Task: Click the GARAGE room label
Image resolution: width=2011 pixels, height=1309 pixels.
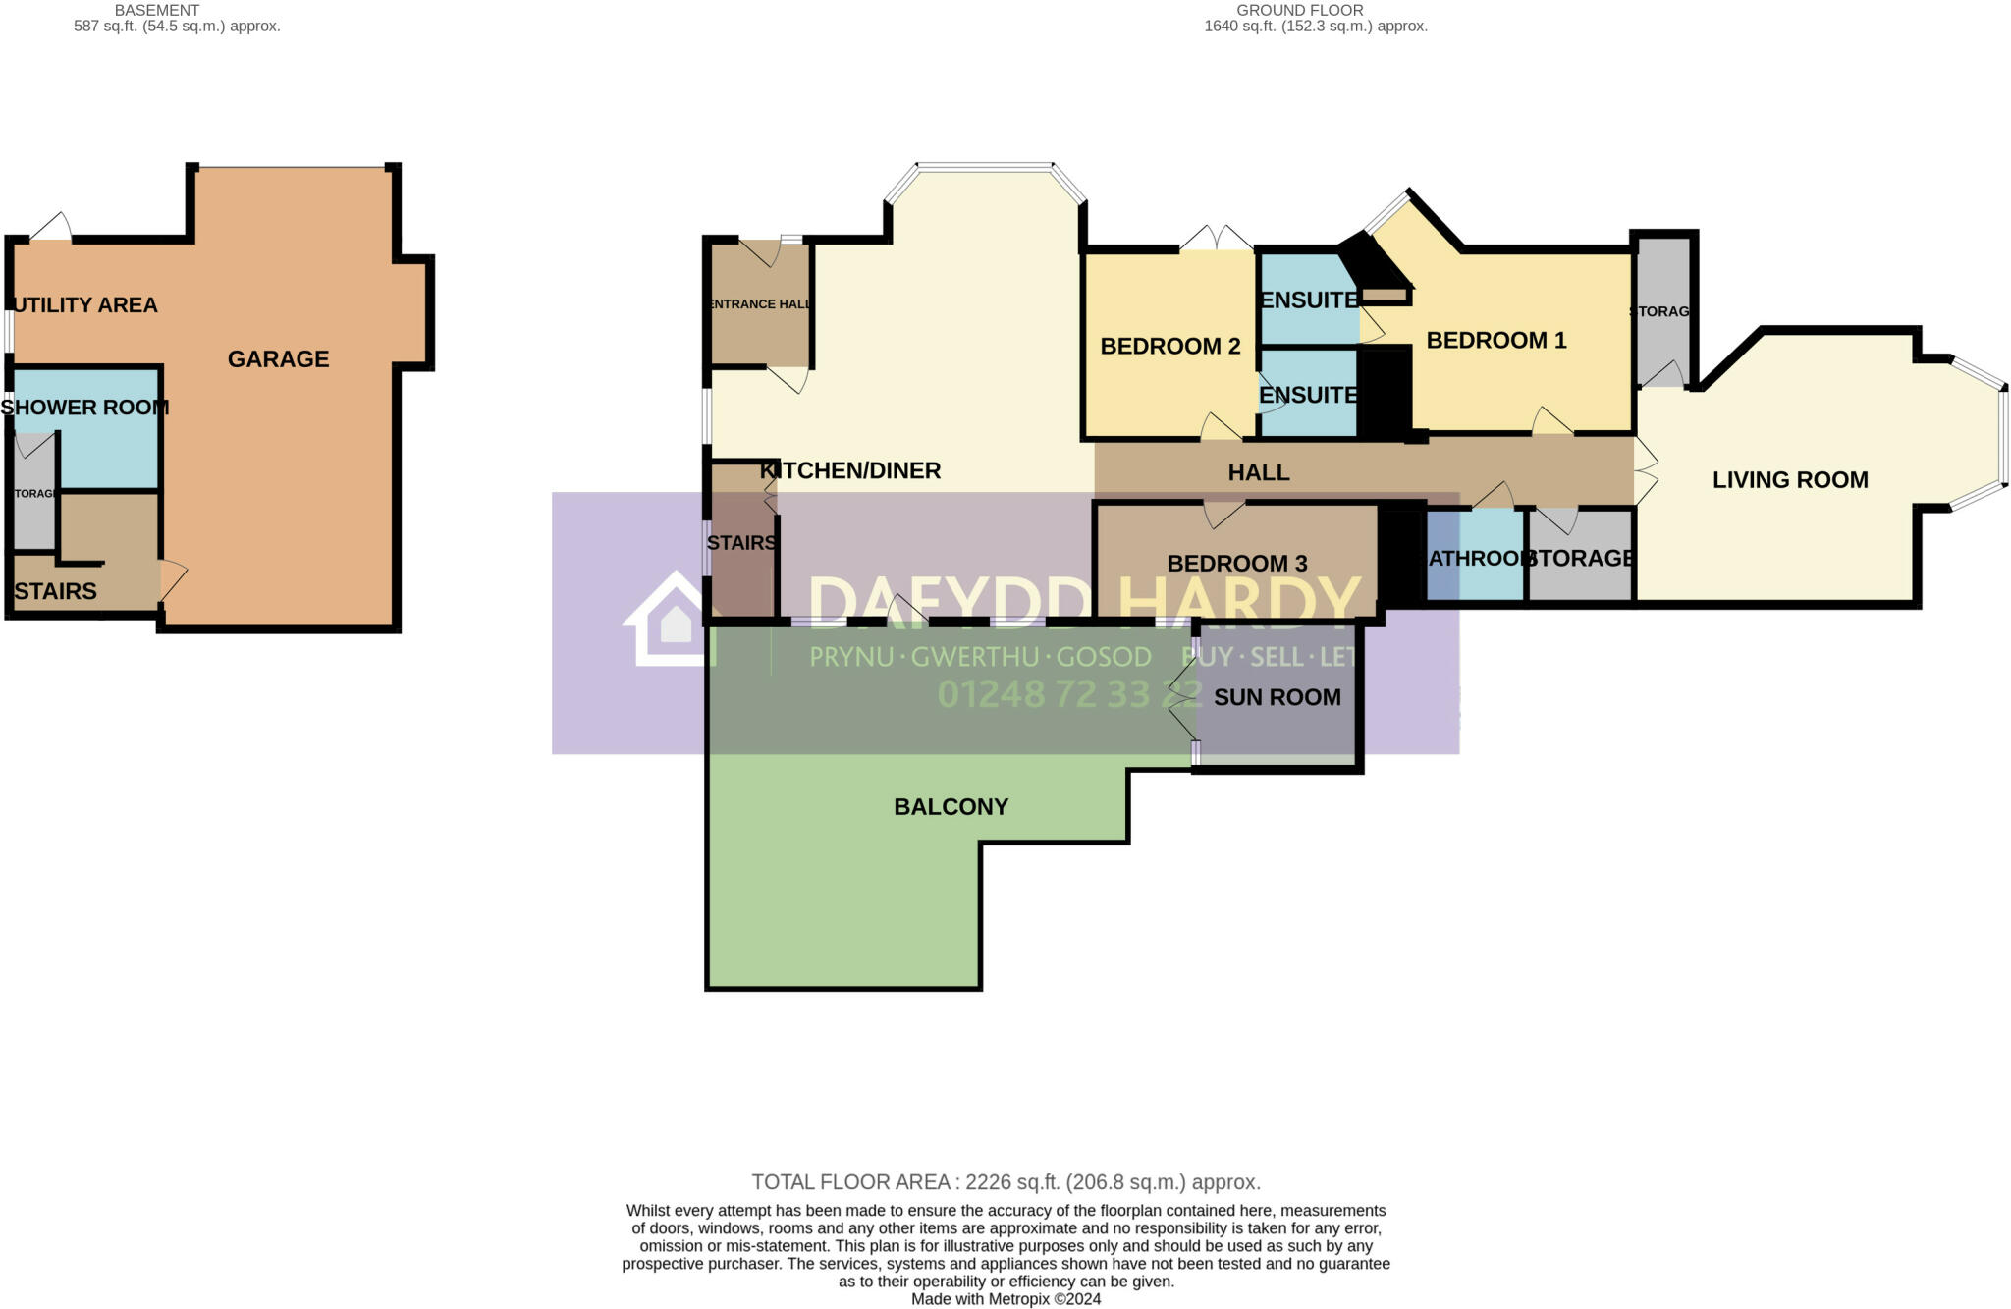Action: [x=278, y=359]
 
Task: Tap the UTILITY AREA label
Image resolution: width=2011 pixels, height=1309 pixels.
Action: [x=86, y=305]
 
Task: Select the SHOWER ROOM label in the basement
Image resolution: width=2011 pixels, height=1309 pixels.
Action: [x=84, y=408]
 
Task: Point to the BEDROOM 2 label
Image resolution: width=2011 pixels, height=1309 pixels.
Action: [x=1169, y=347]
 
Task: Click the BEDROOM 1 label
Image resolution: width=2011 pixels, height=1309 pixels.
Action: [x=1495, y=341]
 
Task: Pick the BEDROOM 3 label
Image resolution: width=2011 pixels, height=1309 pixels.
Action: [x=1236, y=564]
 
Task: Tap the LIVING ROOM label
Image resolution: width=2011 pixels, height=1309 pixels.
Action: [x=1789, y=480]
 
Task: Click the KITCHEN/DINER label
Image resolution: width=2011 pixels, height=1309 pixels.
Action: [x=850, y=471]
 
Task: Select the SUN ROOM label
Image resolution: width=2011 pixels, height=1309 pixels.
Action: [x=1277, y=697]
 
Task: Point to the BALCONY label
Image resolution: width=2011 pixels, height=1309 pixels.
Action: [x=951, y=807]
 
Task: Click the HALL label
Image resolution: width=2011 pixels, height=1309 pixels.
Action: [x=1258, y=473]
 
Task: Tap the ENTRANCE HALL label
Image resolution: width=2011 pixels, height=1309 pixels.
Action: [x=760, y=304]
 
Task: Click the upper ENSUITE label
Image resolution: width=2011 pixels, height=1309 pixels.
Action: [x=1308, y=300]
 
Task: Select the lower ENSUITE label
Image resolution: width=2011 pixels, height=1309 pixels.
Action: [x=1308, y=395]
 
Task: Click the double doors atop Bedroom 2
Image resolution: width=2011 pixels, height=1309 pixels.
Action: [x=1216, y=239]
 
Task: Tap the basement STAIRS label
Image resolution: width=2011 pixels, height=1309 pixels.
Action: [x=56, y=591]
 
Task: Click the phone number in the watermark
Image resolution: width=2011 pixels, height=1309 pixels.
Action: [x=1068, y=694]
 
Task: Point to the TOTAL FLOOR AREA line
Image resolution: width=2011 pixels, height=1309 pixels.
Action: [x=1005, y=1182]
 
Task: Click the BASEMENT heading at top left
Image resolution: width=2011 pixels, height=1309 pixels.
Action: [x=157, y=10]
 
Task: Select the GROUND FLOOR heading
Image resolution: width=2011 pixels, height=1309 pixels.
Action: [x=1299, y=10]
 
